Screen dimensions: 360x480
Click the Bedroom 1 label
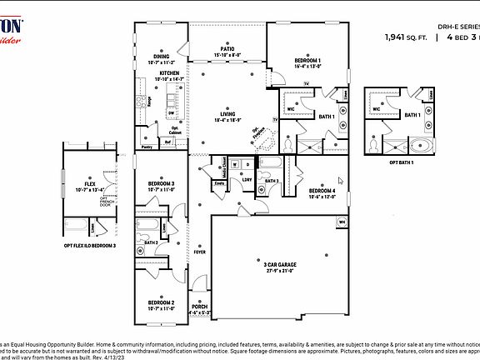(308, 61)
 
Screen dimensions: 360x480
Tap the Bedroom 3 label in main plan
(161, 182)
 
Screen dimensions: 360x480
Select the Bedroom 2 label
(161, 302)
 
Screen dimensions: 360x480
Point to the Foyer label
(200, 251)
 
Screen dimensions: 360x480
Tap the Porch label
(200, 307)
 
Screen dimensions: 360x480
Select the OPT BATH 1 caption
(401, 162)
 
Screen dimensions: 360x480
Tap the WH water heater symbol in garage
(342, 221)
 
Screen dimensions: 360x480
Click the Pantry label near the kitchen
(147, 147)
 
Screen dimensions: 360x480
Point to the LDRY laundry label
(247, 178)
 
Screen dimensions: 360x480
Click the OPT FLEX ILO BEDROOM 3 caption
(90, 247)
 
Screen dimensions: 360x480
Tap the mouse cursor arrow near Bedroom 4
(340, 178)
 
